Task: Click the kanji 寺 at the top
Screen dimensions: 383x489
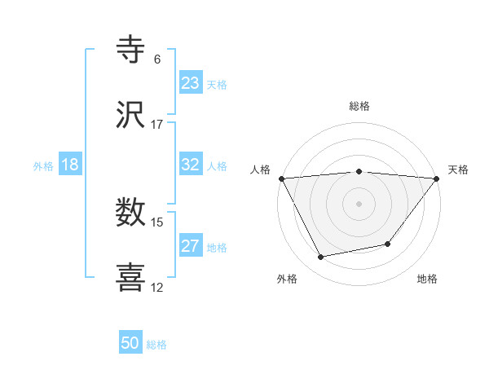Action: click(x=131, y=49)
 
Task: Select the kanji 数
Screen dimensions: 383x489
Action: click(x=131, y=213)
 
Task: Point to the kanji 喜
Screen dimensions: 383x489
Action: click(x=131, y=277)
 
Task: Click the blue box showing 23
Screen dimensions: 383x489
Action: click(x=190, y=83)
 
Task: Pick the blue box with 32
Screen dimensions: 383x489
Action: click(x=190, y=165)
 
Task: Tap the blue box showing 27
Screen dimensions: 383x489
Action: click(x=190, y=246)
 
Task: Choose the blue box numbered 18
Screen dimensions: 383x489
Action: click(x=70, y=165)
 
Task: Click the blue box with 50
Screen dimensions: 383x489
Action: click(x=130, y=343)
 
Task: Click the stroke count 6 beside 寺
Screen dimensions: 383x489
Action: click(x=157, y=59)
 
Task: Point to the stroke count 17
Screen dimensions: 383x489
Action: click(x=157, y=125)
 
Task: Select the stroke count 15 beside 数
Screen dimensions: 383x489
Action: click(x=157, y=222)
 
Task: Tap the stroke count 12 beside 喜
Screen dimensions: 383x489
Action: click(x=157, y=287)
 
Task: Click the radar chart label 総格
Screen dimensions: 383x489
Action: click(x=359, y=106)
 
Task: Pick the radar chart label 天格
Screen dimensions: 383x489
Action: click(x=458, y=169)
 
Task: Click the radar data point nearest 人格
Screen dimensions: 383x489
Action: click(x=281, y=178)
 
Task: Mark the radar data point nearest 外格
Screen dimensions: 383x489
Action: click(x=321, y=258)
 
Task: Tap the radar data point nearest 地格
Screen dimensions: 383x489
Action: click(x=388, y=244)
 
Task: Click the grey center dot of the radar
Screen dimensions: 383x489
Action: click(x=359, y=203)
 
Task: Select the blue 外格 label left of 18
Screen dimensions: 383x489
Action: click(x=43, y=165)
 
